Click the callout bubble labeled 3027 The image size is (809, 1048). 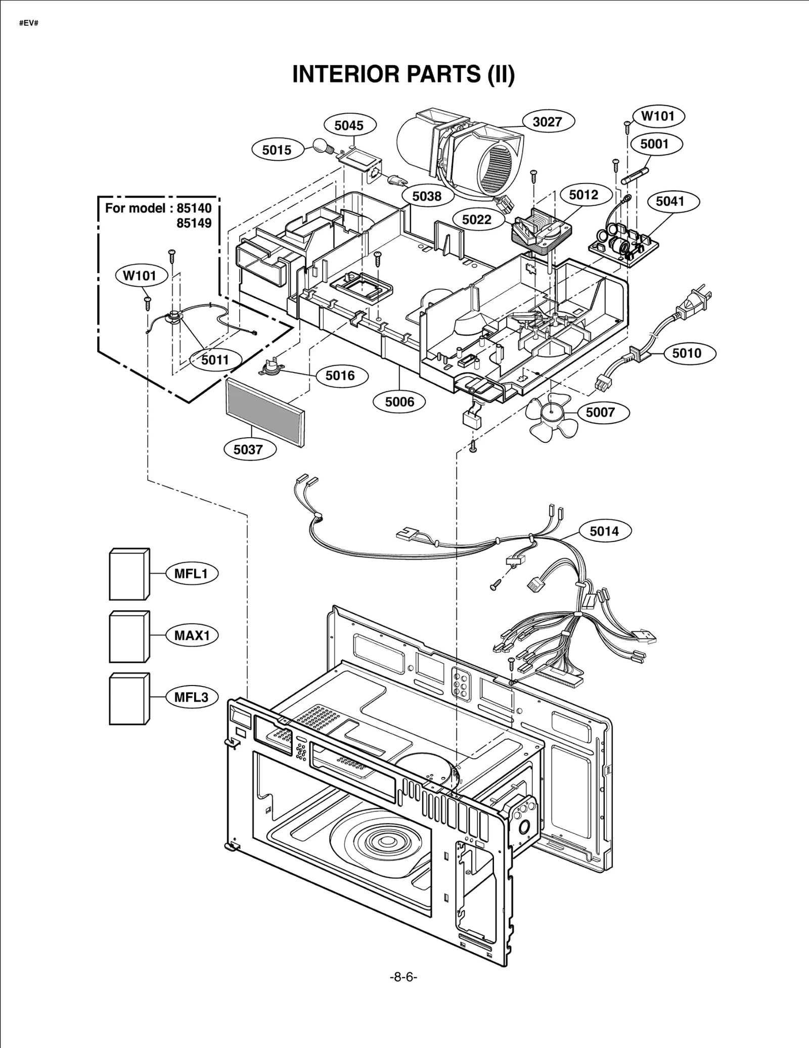click(548, 122)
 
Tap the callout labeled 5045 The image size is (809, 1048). click(349, 125)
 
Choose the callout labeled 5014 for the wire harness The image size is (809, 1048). click(604, 531)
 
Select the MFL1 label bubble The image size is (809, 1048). click(192, 573)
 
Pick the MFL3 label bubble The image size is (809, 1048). click(192, 697)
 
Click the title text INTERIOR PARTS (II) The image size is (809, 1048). click(403, 74)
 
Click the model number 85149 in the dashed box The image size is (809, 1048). click(194, 223)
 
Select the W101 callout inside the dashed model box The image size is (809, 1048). click(140, 276)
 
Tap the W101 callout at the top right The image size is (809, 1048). click(658, 116)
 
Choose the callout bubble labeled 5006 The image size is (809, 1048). click(399, 402)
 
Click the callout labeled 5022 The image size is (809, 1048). click(477, 219)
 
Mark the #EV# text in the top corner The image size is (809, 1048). click(29, 24)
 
